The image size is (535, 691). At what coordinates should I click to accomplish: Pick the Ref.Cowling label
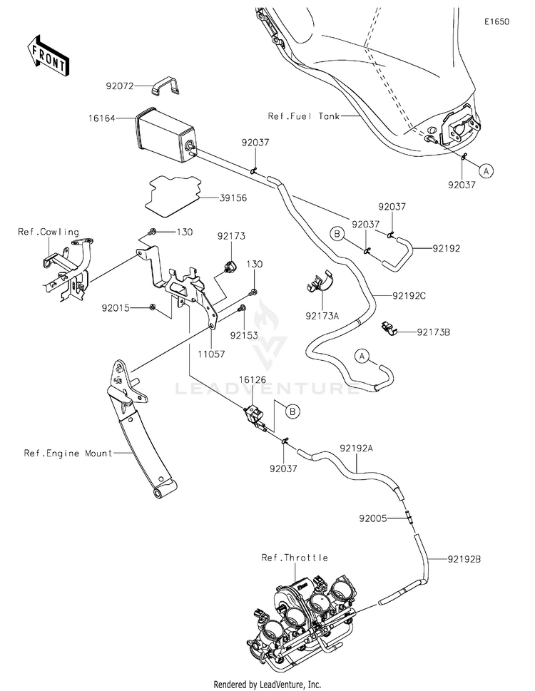49,232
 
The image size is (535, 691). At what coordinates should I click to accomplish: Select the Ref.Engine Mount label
68,453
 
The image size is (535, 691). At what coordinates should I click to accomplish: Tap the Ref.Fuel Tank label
305,116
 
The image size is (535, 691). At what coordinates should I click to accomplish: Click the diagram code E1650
496,23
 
